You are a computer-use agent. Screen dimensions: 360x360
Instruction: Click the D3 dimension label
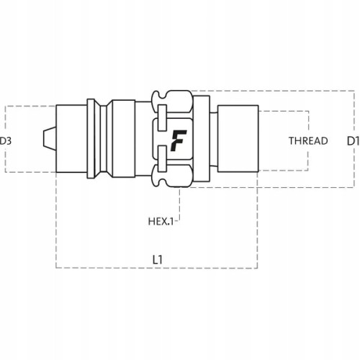6,141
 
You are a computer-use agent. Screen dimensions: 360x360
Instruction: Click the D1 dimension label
354,141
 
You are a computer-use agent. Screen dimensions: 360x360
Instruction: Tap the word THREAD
308,141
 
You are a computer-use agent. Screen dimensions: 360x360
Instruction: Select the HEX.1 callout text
161,221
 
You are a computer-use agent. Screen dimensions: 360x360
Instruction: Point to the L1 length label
158,260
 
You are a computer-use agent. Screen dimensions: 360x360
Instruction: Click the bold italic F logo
179,140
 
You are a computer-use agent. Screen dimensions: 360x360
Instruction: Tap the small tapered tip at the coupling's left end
50,139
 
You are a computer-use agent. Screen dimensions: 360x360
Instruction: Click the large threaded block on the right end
238,138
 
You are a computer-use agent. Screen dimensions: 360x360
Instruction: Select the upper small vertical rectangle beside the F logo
162,118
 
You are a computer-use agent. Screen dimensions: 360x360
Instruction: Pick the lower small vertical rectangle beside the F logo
162,158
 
